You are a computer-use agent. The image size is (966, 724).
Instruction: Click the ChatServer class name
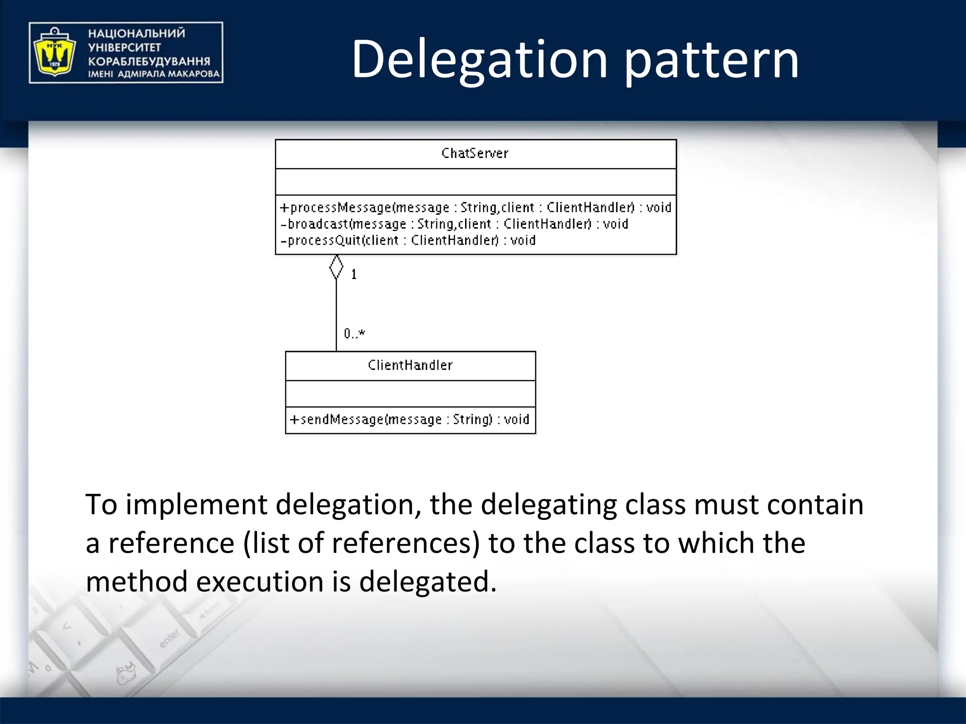click(x=475, y=153)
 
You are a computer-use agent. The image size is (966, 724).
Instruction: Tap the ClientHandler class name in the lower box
click(x=410, y=365)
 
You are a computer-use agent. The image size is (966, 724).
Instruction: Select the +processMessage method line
click(x=475, y=207)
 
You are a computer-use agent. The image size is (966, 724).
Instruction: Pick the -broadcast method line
click(x=454, y=224)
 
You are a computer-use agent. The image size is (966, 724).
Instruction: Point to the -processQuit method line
click(x=408, y=240)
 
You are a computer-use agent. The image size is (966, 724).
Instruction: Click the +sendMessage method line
click(x=409, y=420)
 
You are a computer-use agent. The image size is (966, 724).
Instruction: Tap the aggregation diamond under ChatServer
click(x=336, y=267)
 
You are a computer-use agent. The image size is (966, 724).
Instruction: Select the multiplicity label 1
click(x=354, y=274)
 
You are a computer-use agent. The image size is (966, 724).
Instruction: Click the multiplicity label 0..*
click(x=354, y=334)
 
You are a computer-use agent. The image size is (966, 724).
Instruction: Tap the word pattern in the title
click(x=711, y=60)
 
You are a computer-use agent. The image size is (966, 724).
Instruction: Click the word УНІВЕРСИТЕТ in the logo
click(x=125, y=47)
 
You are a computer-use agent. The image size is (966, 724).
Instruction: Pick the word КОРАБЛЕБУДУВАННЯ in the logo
click(x=149, y=61)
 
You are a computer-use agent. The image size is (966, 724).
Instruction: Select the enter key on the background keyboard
click(x=169, y=638)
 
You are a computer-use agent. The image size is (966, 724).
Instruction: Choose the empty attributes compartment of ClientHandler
click(x=410, y=394)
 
